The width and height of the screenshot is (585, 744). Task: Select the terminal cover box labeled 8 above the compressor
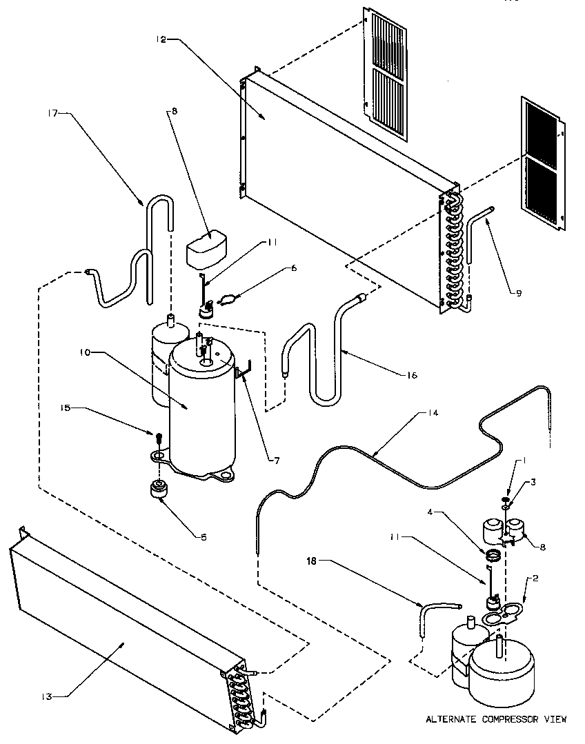click(x=206, y=247)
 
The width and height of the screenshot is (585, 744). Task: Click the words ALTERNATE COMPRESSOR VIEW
click(x=496, y=720)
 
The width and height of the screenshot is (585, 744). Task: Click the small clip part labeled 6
click(x=228, y=299)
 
